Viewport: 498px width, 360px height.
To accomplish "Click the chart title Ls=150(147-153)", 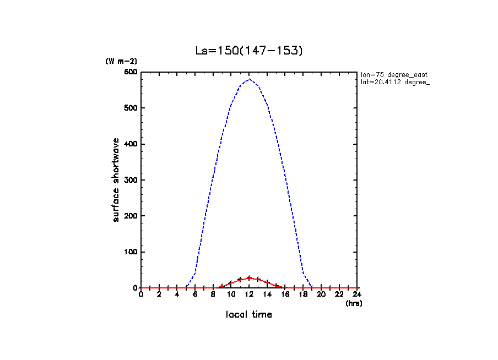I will pos(249,51).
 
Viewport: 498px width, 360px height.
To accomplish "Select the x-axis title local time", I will pos(249,315).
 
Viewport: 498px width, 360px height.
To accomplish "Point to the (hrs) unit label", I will pos(354,303).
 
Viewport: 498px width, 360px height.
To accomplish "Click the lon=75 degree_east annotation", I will pos(394,74).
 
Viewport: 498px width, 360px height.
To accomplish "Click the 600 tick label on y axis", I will pos(131,72).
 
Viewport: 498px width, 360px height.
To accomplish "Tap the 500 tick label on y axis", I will pos(131,108).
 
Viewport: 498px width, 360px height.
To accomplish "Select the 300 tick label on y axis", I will pos(131,180).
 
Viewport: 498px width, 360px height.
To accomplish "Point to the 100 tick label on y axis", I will pos(131,252).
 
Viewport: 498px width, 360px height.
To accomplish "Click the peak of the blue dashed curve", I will pos(250,79).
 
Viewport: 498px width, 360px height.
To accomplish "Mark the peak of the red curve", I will pos(250,278).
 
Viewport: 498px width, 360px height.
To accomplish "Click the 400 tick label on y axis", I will pos(131,144).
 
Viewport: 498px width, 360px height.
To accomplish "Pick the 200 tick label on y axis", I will pos(131,216).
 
